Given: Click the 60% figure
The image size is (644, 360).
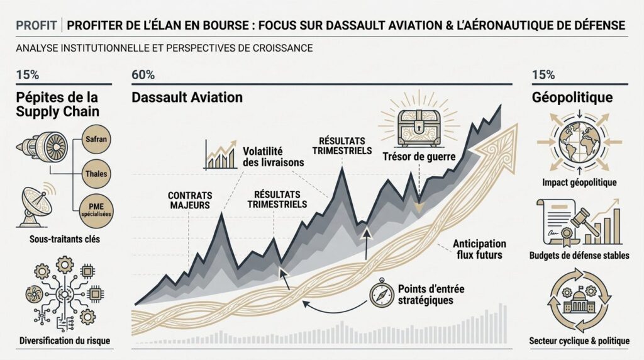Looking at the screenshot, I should click(x=143, y=75).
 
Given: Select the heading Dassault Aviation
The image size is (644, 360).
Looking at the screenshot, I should click(x=187, y=98).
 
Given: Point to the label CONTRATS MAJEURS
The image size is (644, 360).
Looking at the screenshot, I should click(x=190, y=200).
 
